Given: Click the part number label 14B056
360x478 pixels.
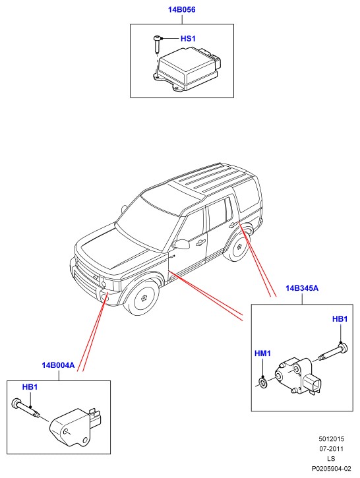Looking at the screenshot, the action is pos(182,10).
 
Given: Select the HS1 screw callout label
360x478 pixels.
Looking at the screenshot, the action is pos(188,38).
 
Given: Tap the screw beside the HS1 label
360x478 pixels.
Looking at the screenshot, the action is pos(158,44).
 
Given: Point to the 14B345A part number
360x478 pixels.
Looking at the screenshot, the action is pos(302,288).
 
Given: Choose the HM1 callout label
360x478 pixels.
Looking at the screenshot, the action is pos(262,353).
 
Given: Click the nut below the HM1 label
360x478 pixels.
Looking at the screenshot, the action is pos(262,382).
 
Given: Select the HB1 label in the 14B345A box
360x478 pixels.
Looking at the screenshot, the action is pos(340,319).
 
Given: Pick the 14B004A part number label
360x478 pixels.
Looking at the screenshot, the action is pos(58,365).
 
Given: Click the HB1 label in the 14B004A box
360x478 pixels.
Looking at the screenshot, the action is pos(30,387).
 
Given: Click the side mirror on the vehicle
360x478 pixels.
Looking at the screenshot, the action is pos(182,243).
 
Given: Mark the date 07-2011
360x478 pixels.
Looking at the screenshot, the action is pos(332,449).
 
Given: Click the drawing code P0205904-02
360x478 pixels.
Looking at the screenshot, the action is pos(332,468).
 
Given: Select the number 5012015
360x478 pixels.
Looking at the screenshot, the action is pos(332,439).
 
